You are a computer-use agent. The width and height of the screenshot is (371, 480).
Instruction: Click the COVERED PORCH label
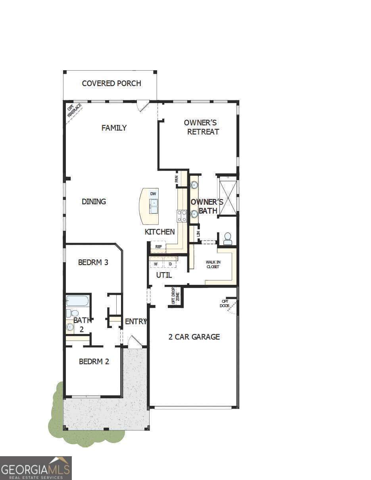coord(111,83)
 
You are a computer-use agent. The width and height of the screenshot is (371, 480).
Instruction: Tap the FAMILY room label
coord(114,128)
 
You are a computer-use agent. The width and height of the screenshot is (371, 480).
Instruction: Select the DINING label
coord(94,202)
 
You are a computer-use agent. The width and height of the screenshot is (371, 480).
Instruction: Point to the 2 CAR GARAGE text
coord(194,337)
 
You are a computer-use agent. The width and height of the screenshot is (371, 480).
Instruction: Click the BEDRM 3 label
coord(93,262)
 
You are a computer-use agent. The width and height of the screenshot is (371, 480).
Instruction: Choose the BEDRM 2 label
coord(94,361)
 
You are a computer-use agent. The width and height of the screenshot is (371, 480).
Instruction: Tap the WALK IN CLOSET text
coord(213,264)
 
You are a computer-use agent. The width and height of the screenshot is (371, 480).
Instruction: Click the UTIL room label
coord(163,275)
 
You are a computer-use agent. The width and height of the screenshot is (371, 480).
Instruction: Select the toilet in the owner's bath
coord(228,238)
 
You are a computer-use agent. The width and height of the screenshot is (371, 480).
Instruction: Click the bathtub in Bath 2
coord(77,301)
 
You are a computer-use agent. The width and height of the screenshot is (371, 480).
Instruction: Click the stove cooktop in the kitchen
coord(182,216)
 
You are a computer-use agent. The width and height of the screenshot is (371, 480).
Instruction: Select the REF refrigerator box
coord(158,246)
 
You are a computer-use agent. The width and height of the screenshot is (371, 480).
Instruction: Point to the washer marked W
coord(156,264)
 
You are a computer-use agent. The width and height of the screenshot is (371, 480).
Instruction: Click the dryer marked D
coord(170,264)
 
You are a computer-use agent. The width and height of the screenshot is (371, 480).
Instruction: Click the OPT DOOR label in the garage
coord(225,303)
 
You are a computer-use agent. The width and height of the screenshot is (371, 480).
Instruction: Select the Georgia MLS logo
coord(36,468)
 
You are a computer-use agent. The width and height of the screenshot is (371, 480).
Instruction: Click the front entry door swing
coord(134,342)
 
